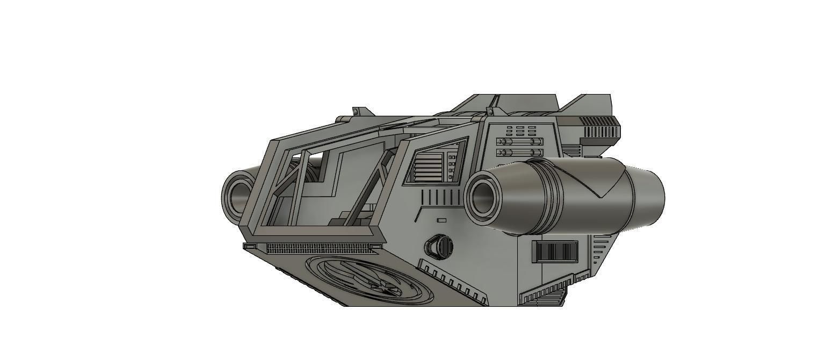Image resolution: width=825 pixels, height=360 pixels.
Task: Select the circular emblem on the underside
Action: click(371, 280)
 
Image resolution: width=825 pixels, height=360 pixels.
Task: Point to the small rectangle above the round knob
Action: click(442, 220)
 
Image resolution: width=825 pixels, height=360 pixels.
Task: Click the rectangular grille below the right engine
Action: click(555, 251)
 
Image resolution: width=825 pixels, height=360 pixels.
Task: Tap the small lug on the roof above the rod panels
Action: click(490, 111)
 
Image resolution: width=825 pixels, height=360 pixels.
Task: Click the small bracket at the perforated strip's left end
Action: click(250, 247)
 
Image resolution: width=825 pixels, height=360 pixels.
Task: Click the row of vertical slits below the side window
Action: click(440, 197)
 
